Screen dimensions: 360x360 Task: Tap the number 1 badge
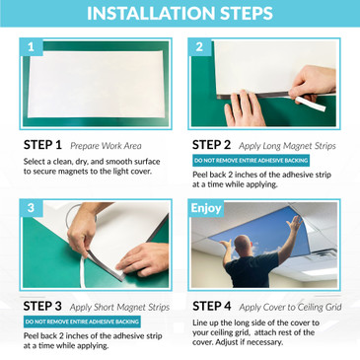pyautogui.click(x=31, y=46)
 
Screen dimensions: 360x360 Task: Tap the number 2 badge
pyautogui.click(x=199, y=46)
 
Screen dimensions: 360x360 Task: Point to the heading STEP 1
pyautogui.click(x=43, y=144)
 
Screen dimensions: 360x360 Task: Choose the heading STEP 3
pyautogui.click(x=43, y=307)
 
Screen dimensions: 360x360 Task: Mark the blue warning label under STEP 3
pyautogui.click(x=75, y=322)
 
